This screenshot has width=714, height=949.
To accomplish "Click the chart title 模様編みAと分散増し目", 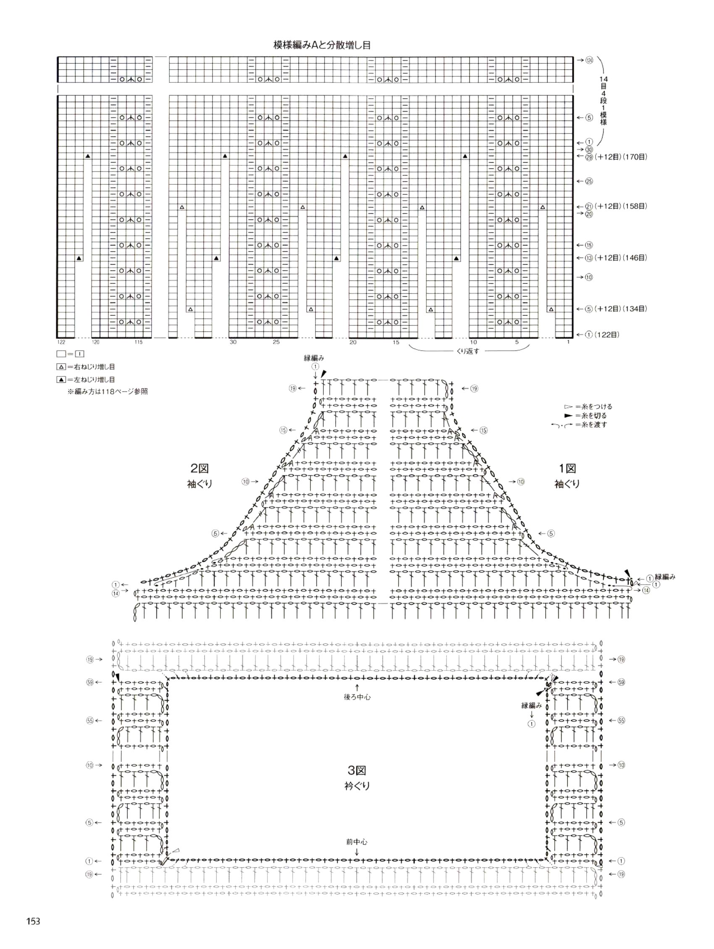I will (x=322, y=45).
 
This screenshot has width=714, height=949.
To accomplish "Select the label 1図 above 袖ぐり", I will (x=567, y=469).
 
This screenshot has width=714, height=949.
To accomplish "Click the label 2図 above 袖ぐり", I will (x=199, y=468).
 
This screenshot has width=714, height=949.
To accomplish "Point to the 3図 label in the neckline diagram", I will (x=357, y=771).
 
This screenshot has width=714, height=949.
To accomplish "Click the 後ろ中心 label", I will (x=357, y=697).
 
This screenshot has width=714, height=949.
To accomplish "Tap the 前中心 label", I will (x=357, y=842).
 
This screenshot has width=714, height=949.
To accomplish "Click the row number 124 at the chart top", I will (x=589, y=60).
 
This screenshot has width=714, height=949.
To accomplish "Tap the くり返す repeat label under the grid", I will (x=467, y=351).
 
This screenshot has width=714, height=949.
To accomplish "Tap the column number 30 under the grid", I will (x=233, y=342).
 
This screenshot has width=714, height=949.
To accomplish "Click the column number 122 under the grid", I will (x=61, y=342).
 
